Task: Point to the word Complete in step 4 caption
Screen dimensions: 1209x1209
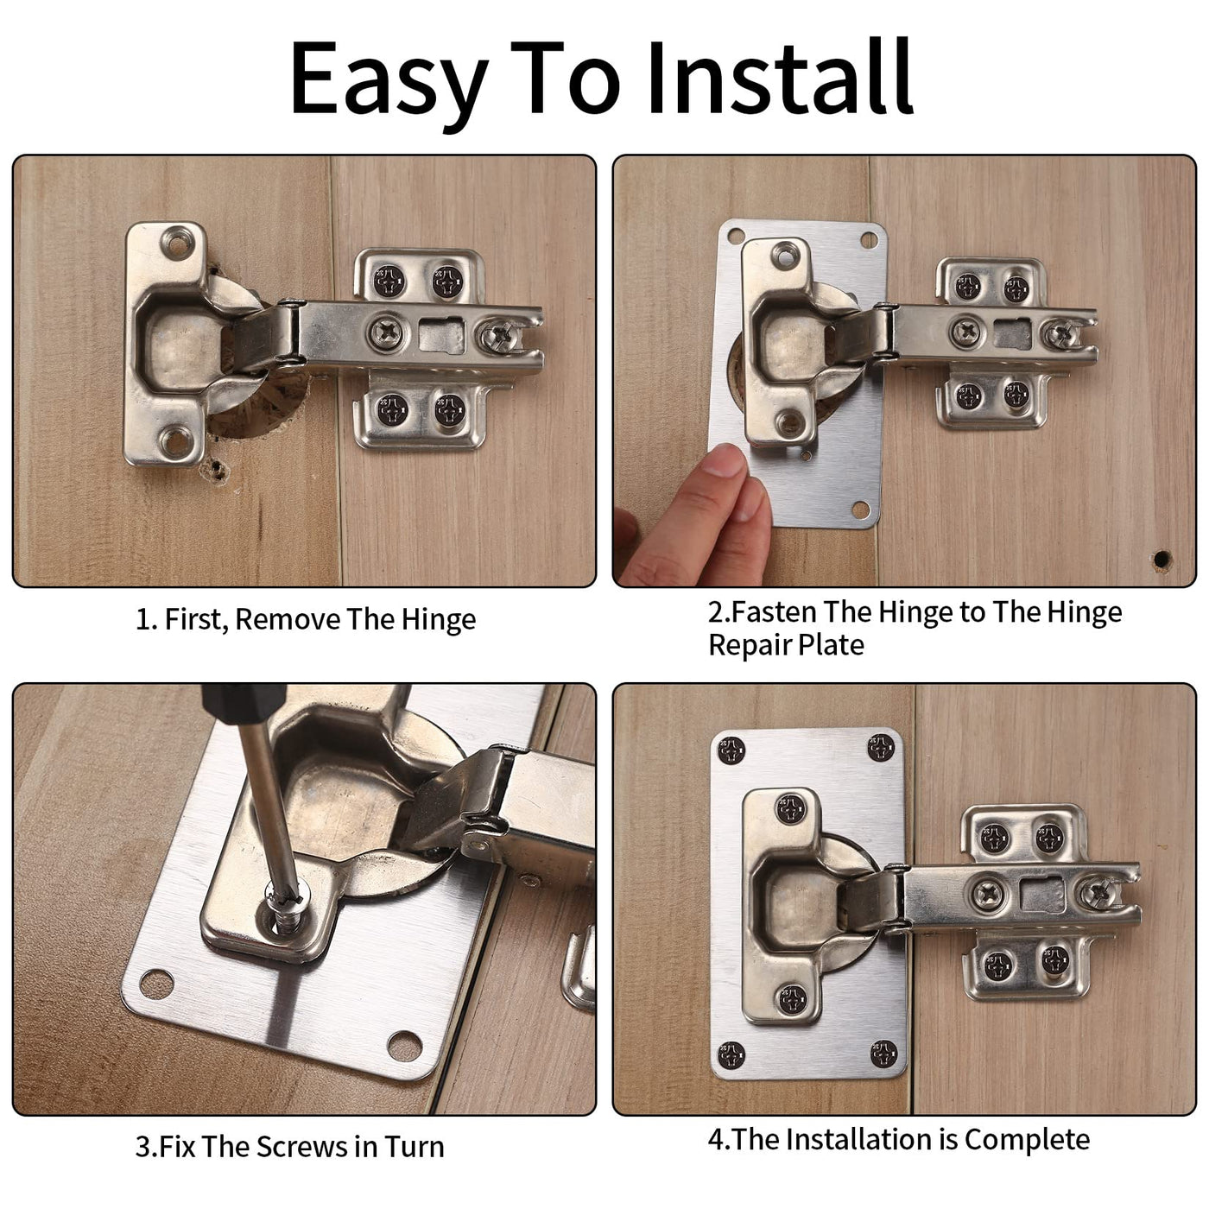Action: (x=1028, y=1140)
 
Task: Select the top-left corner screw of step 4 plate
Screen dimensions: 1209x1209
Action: (x=731, y=750)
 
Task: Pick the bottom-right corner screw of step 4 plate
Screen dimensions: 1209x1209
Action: (x=884, y=1054)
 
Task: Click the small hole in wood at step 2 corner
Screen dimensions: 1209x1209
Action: (x=1162, y=559)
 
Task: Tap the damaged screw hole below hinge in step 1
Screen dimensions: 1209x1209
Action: (x=214, y=470)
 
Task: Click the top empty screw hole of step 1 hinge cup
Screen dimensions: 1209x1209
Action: (x=178, y=242)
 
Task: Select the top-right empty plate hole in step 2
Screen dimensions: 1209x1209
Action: (x=869, y=240)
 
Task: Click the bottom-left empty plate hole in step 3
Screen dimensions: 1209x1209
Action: (x=156, y=984)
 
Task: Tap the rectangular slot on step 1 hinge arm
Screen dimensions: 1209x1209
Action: (x=441, y=334)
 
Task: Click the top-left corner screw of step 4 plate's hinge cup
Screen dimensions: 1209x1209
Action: (x=791, y=808)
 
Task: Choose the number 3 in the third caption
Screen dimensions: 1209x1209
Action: (x=143, y=1147)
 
